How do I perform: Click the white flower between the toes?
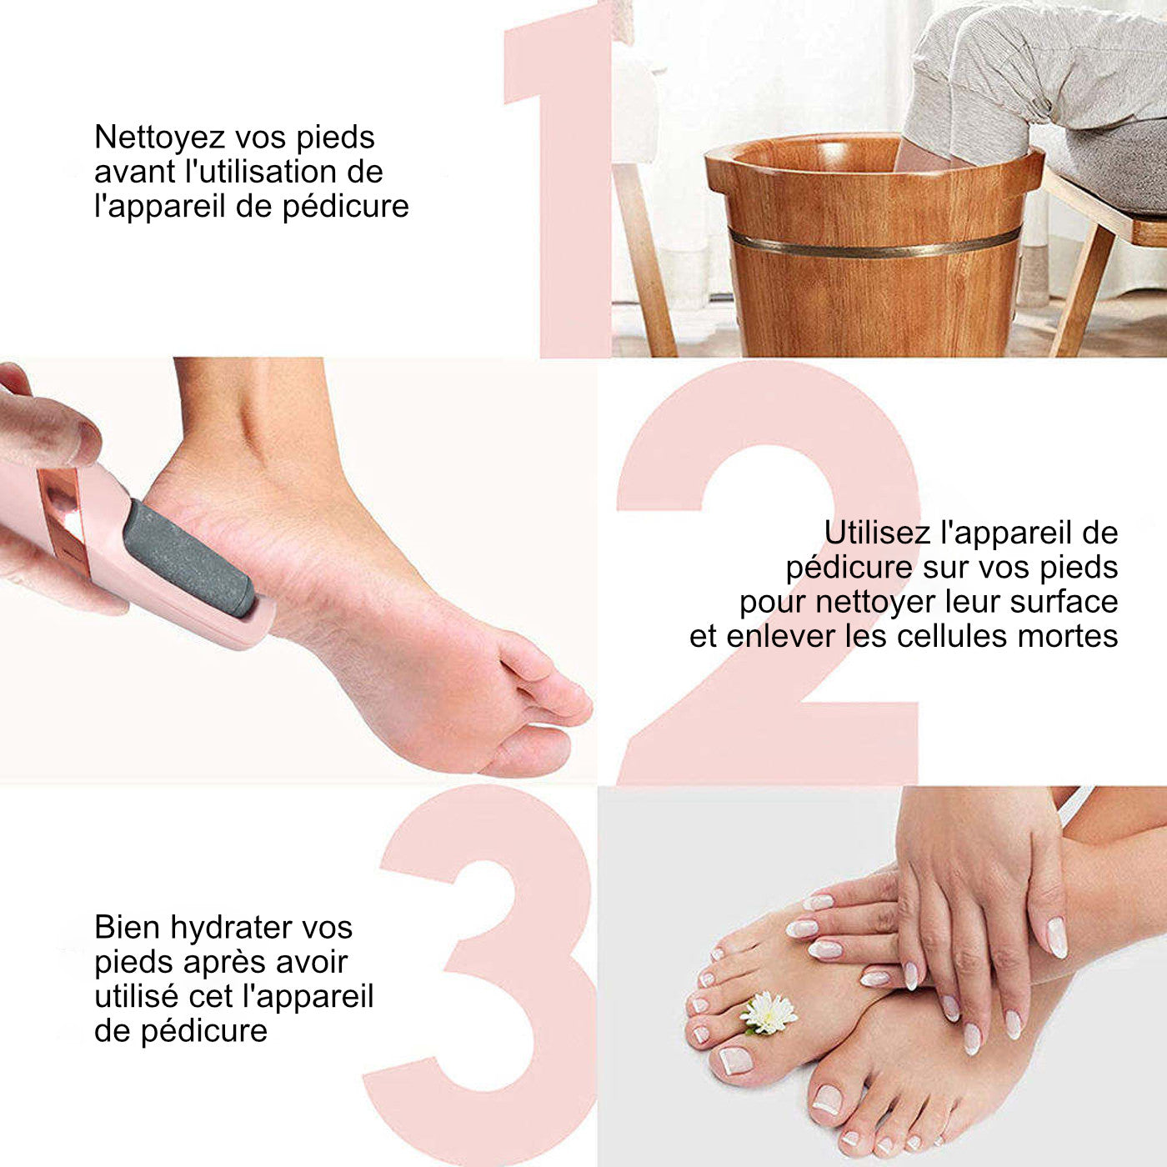tap(768, 1012)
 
